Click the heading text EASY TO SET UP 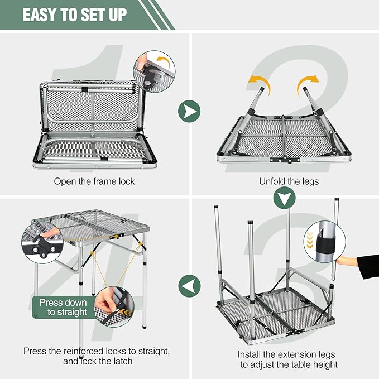tap(75, 15)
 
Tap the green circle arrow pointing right tap(189, 111)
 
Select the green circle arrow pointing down tap(284, 198)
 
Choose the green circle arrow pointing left tap(190, 286)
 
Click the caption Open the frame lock tap(94, 181)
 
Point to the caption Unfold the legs tap(289, 181)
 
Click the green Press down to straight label tap(63, 307)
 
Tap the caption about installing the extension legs tap(287, 359)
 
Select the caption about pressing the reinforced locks tap(97, 356)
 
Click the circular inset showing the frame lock tap(154, 71)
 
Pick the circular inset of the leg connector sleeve tap(325, 241)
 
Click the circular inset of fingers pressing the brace tap(114, 307)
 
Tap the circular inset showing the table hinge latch tap(42, 242)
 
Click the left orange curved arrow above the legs tap(261, 85)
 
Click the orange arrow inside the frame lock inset tap(164, 61)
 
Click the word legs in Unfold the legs tap(310, 182)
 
